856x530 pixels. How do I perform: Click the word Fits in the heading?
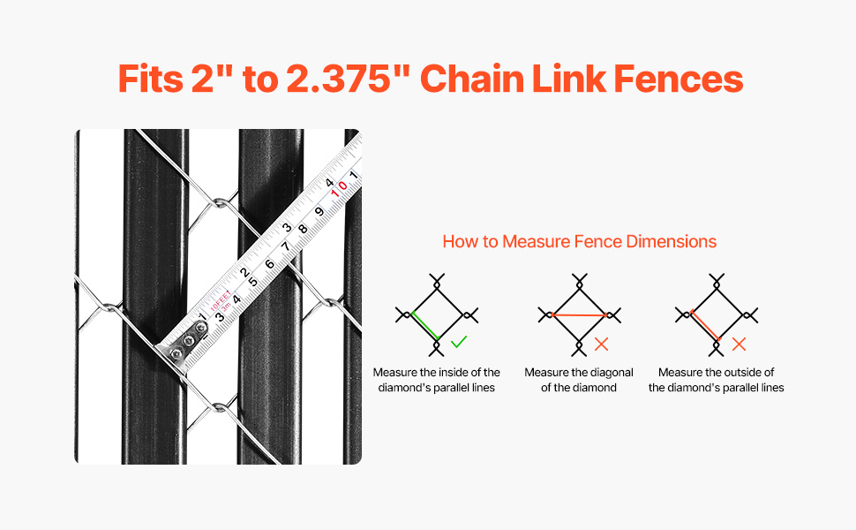[x=151, y=79]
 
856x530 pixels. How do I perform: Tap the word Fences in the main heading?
[x=678, y=79]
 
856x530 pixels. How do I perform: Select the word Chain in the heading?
[x=471, y=79]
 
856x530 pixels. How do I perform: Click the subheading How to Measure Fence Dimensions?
[x=579, y=241]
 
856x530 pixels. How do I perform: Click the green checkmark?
[x=459, y=342]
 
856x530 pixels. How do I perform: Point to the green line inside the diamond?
[x=425, y=326]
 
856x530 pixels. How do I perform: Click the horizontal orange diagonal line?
[x=579, y=314]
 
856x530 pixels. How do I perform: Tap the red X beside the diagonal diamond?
[x=601, y=344]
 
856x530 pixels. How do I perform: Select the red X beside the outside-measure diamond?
[x=739, y=344]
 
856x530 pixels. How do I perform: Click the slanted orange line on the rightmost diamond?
[x=705, y=326]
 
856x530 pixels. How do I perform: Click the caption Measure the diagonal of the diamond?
[x=579, y=380]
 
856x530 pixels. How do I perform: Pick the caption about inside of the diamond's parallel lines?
[x=437, y=380]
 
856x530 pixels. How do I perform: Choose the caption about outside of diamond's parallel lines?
[x=717, y=380]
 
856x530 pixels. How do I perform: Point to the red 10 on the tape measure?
[x=339, y=188]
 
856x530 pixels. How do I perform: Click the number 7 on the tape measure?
[x=285, y=246]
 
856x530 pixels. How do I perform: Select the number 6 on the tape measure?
[x=270, y=264]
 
